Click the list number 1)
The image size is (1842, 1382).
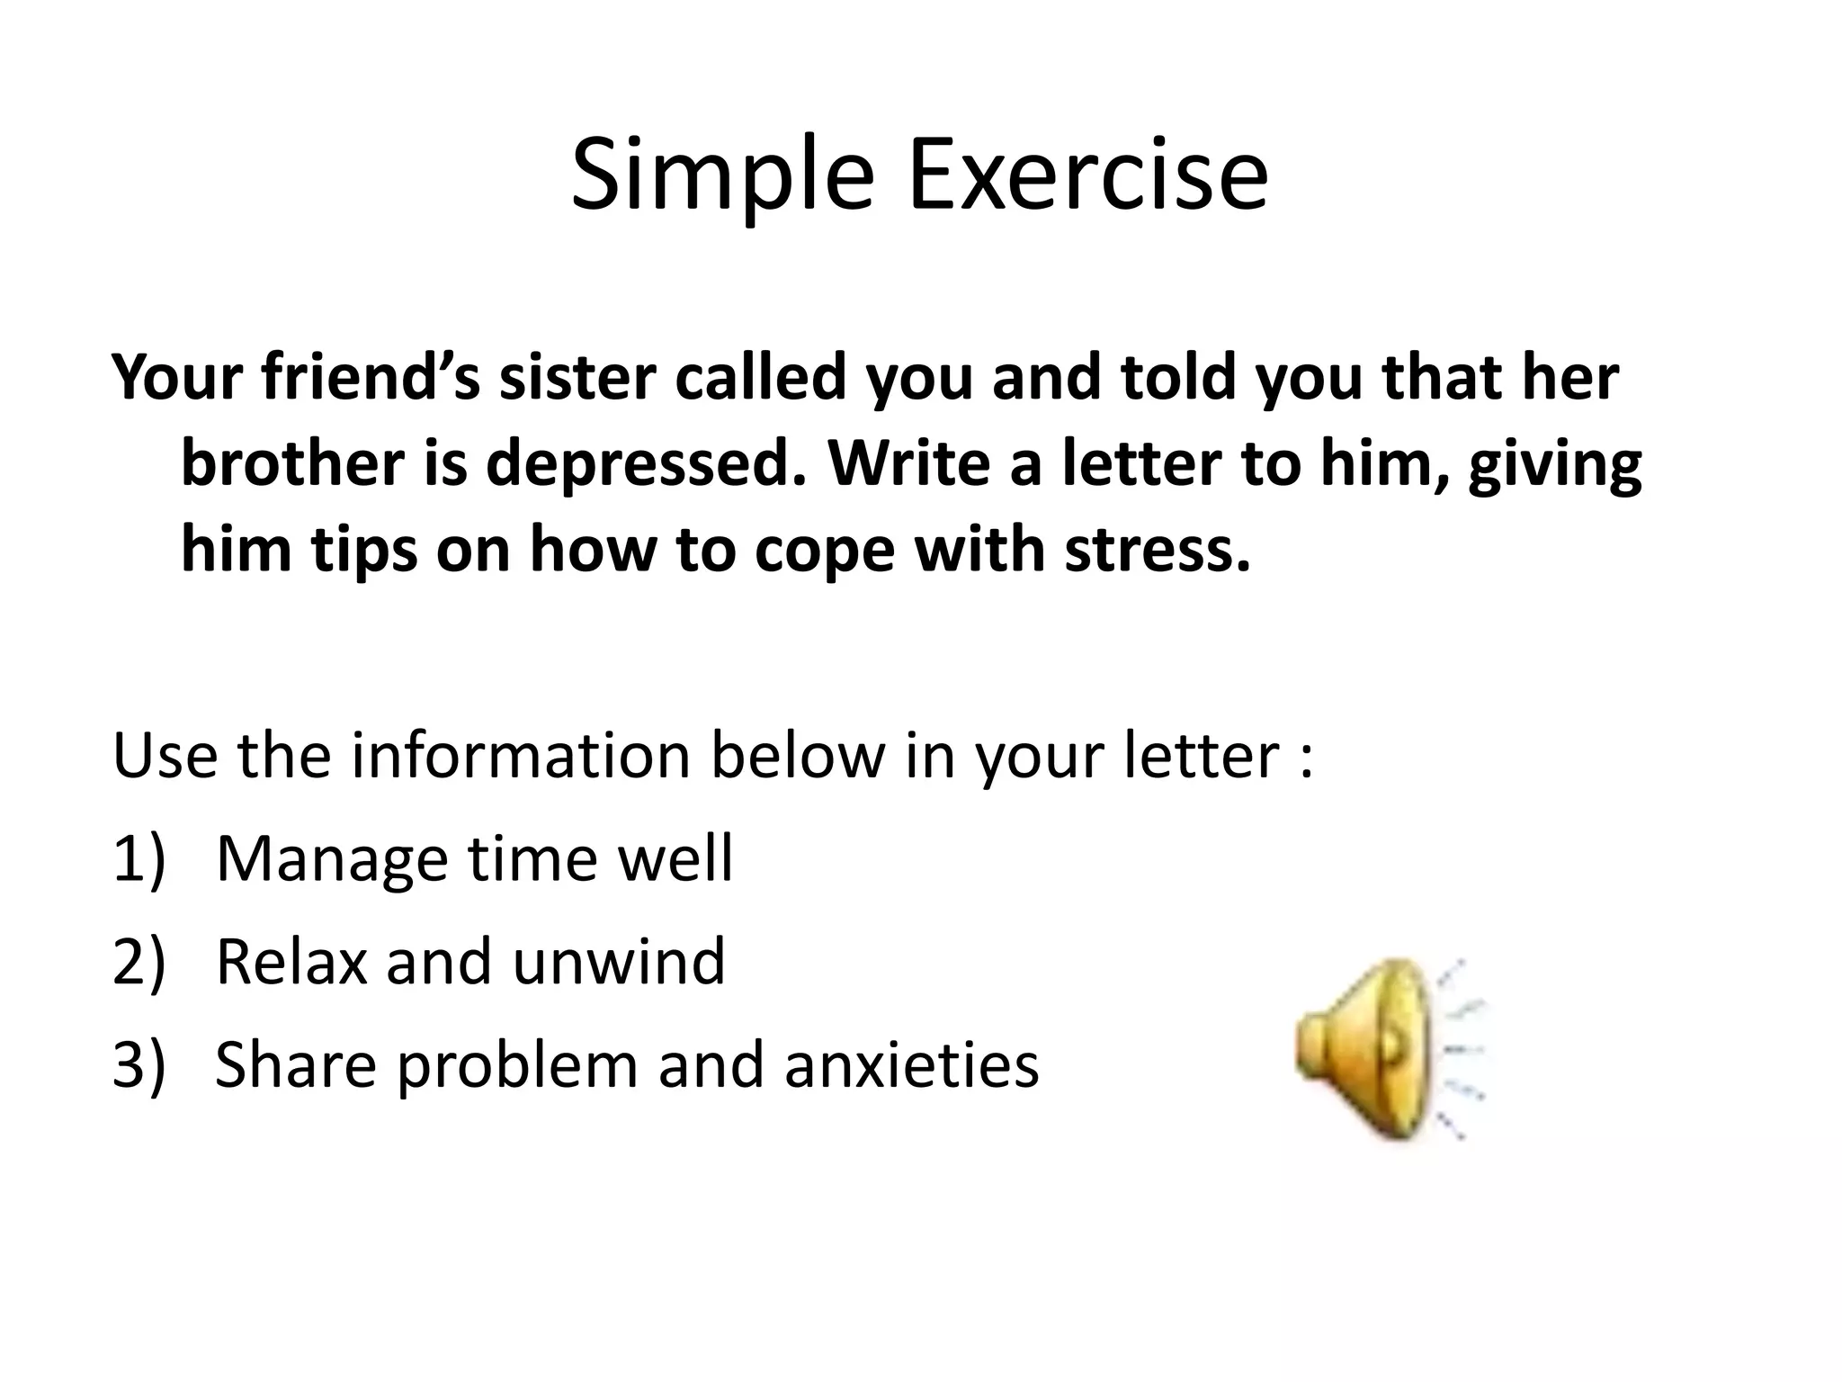click(139, 859)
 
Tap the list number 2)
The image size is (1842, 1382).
click(139, 962)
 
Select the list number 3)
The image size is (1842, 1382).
click(139, 1064)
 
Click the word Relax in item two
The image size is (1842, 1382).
click(291, 962)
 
